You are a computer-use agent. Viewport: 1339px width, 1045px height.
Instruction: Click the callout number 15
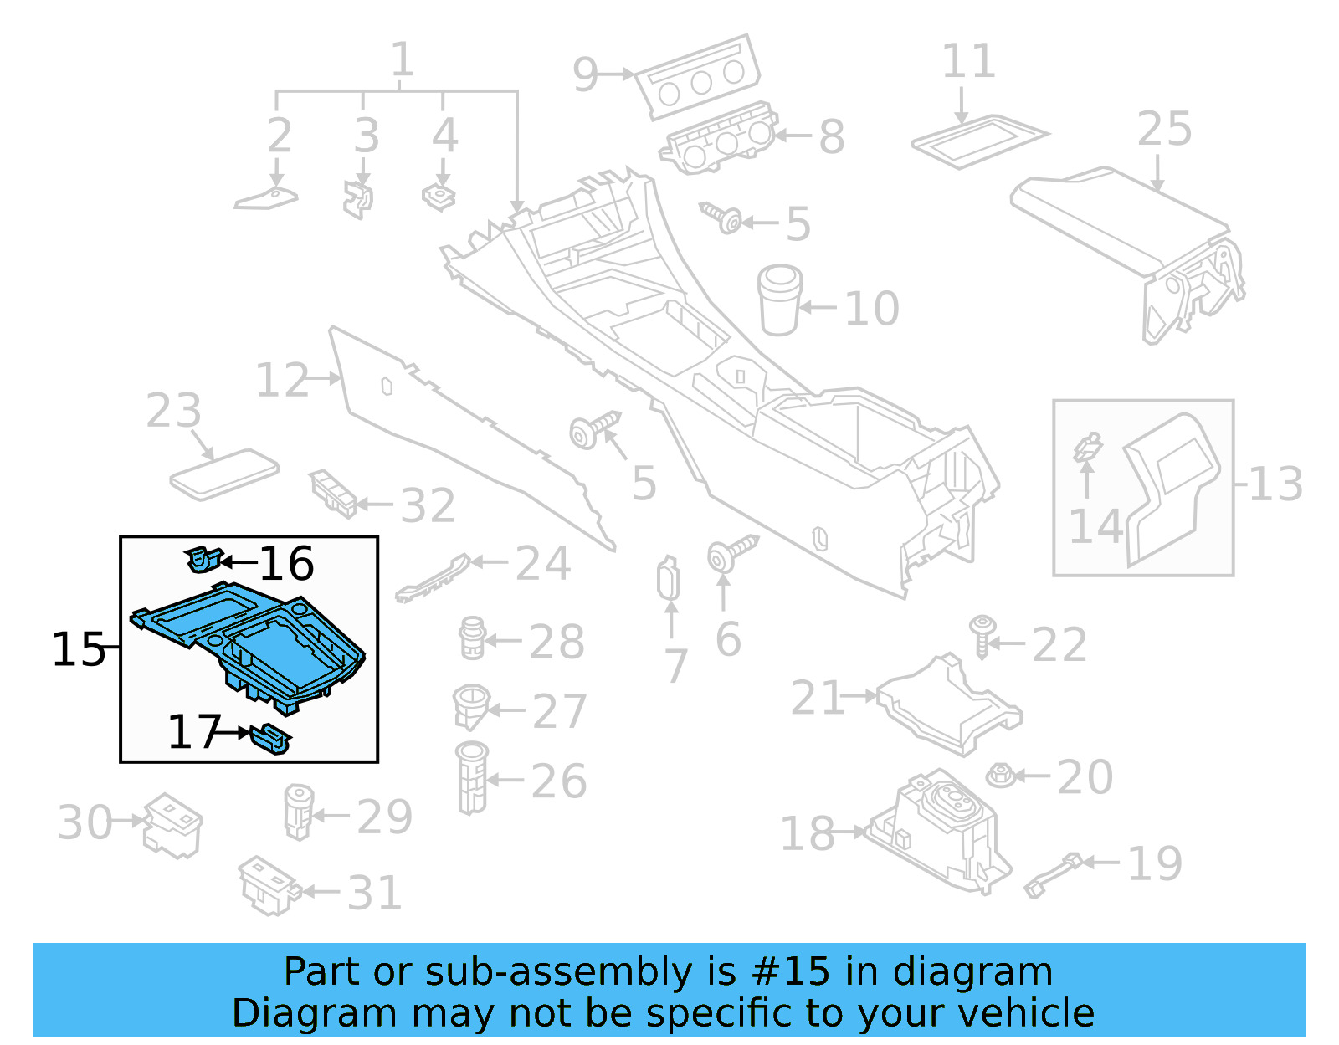(78, 649)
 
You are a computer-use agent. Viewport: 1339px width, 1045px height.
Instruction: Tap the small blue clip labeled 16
(203, 559)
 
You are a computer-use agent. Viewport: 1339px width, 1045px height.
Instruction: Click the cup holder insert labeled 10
(779, 300)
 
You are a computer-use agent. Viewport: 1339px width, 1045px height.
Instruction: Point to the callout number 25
(1164, 130)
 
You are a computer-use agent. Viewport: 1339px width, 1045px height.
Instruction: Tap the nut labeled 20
(1000, 776)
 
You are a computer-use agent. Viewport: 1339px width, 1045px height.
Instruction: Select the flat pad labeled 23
(223, 474)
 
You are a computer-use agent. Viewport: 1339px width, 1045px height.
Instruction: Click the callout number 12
(281, 381)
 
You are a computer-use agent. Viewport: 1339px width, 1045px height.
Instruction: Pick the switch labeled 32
(333, 493)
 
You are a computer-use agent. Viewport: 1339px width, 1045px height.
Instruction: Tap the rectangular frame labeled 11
(978, 140)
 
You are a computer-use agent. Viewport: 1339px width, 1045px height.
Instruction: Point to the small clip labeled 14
(1088, 447)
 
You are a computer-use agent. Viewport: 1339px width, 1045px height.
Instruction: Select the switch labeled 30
(172, 825)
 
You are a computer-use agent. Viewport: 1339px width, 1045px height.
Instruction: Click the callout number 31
(374, 893)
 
